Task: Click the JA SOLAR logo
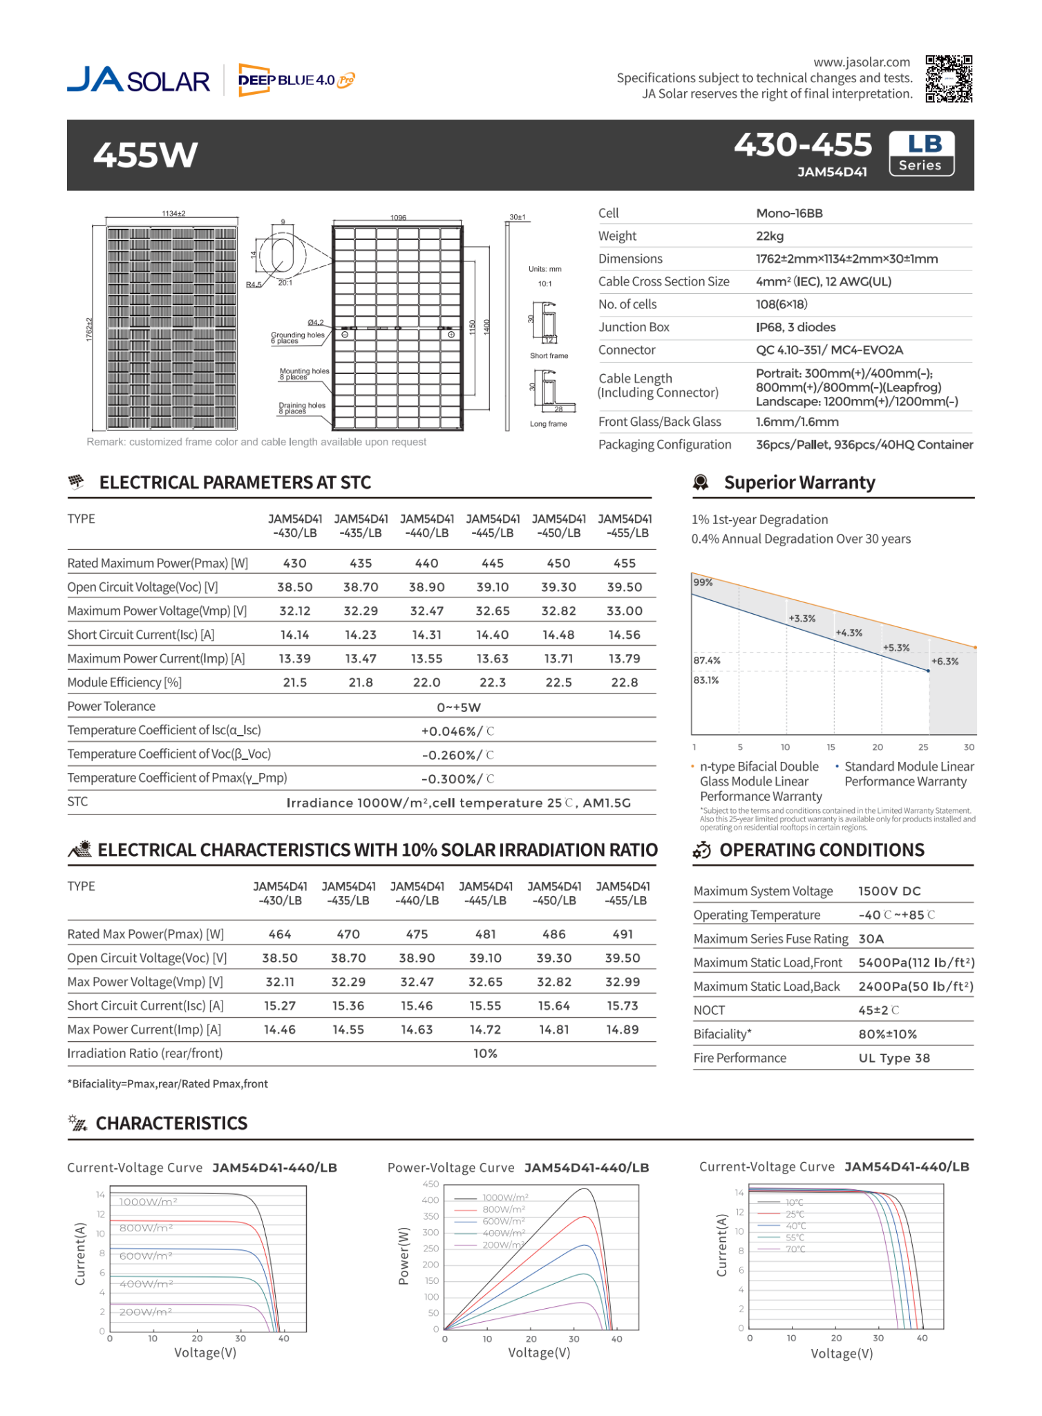[138, 80]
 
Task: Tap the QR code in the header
[949, 79]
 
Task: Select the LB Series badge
[921, 153]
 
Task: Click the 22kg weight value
[770, 236]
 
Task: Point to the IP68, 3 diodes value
[795, 328]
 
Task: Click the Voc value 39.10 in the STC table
[492, 587]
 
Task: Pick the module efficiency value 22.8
[624, 682]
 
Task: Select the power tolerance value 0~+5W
[459, 707]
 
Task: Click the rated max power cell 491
[623, 934]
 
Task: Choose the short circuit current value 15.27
[280, 1006]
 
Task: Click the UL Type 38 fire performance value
[894, 1058]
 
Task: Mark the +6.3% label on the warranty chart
[945, 662]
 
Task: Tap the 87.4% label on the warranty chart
[707, 660]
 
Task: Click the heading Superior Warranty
[799, 483]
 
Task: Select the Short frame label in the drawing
[549, 356]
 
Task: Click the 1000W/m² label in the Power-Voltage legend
[505, 1198]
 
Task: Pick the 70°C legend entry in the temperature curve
[795, 1249]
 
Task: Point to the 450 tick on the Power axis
[430, 1184]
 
